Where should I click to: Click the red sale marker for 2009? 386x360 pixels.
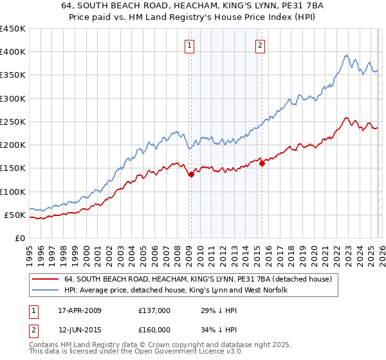pos(191,174)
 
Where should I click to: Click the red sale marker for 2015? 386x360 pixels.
pos(261,164)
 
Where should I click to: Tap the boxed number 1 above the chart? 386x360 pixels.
pos(190,45)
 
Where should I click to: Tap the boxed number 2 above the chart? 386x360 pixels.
pos(261,45)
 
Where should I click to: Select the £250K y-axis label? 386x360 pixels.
pos(13,122)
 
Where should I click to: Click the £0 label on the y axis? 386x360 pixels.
pos(19,238)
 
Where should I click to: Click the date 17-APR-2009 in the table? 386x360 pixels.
pos(79,310)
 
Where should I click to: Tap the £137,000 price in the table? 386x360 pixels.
pos(154,310)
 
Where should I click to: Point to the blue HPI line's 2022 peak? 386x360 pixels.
pos(346,56)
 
